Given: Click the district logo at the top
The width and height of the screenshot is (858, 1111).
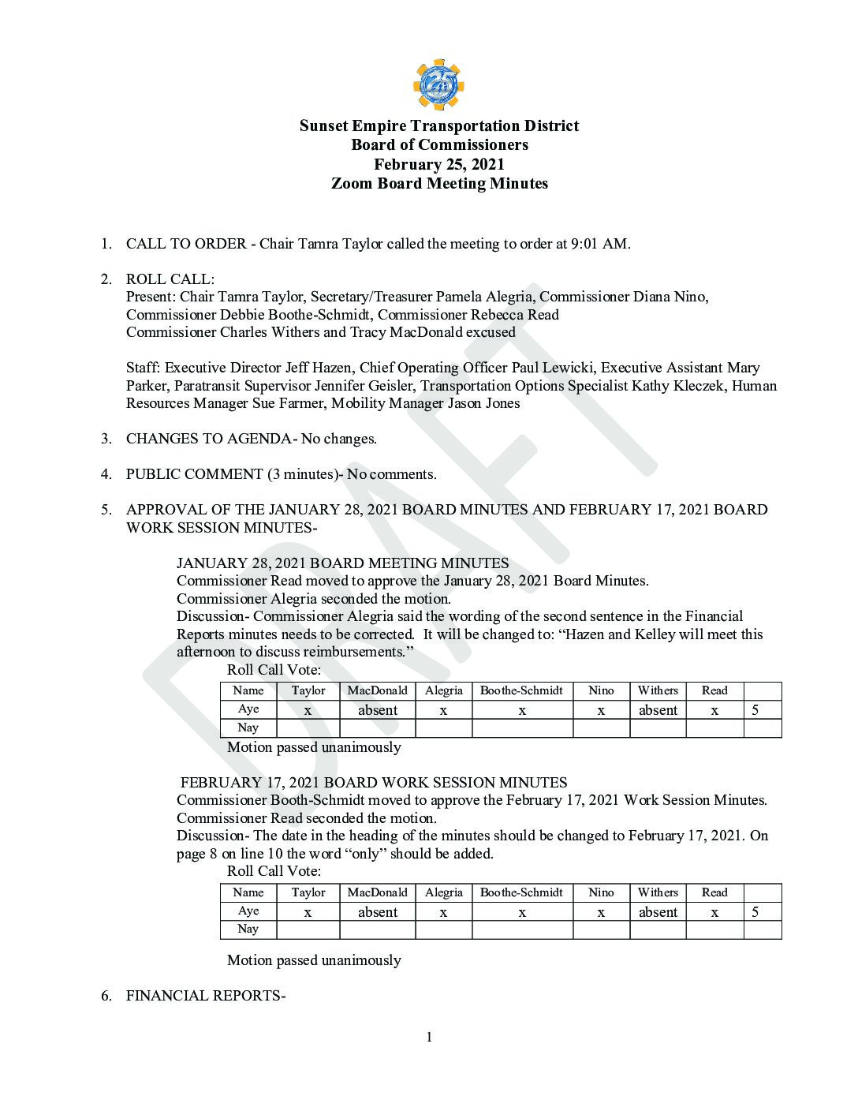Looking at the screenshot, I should (x=438, y=85).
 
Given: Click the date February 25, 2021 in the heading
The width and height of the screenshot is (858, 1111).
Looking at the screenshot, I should (x=438, y=164).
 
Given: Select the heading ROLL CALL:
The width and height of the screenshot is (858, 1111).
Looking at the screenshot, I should (x=170, y=279).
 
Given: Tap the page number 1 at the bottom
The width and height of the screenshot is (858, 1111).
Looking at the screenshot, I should (x=429, y=1037).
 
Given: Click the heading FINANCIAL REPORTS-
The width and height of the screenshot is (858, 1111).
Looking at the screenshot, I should (x=205, y=996).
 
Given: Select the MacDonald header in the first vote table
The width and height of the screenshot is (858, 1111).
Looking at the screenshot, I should (x=377, y=690).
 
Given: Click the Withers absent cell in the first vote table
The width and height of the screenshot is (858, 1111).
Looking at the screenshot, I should (x=658, y=710).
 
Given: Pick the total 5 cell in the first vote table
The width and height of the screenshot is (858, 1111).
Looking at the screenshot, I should (x=755, y=710).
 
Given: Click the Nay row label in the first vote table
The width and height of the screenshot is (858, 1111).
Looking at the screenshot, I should (x=248, y=728).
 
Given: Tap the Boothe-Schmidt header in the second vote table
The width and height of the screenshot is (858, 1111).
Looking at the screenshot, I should (x=521, y=892).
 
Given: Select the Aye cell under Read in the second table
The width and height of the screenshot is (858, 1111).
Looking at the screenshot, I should (x=714, y=912).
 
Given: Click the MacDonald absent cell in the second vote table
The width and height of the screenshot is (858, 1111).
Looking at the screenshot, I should (x=377, y=912).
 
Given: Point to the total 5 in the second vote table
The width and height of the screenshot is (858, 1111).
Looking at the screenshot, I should (x=755, y=912).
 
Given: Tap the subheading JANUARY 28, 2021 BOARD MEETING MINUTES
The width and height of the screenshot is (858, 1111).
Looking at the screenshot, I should (x=342, y=563).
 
